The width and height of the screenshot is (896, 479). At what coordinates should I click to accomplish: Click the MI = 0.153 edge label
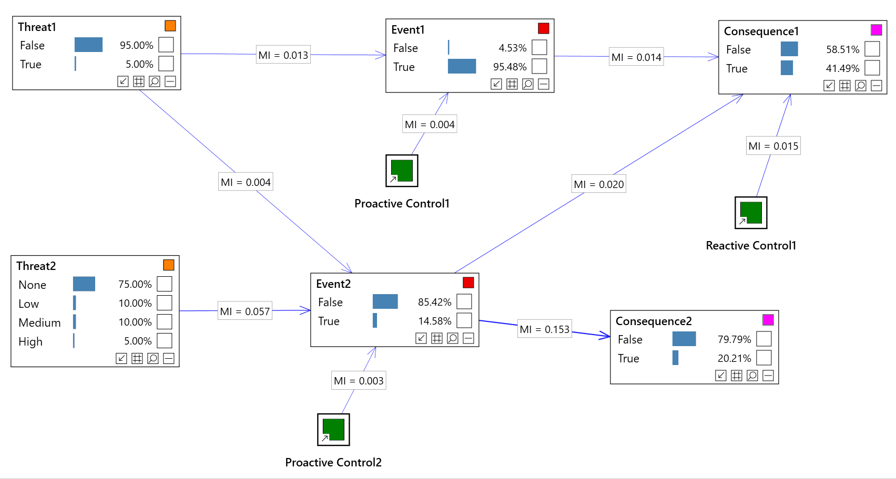click(x=544, y=329)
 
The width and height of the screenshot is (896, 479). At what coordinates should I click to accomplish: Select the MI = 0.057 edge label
click(x=245, y=311)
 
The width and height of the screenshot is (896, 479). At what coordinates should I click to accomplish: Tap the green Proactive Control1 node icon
click(x=402, y=171)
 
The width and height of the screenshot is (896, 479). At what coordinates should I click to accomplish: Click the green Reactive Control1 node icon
click(x=751, y=213)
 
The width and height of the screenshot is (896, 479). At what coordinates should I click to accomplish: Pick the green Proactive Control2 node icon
click(x=333, y=430)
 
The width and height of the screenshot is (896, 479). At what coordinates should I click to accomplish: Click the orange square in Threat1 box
click(x=170, y=26)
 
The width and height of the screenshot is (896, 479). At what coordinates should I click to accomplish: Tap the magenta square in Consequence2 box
click(x=768, y=320)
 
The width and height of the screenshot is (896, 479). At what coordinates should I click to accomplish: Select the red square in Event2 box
click(x=468, y=283)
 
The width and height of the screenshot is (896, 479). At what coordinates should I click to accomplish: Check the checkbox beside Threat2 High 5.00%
click(x=165, y=341)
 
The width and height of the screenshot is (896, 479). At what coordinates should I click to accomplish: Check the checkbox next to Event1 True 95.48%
click(x=539, y=67)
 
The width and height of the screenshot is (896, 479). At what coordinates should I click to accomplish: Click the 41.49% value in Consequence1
click(x=842, y=68)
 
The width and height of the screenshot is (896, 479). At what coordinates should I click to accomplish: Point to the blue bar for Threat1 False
click(x=88, y=45)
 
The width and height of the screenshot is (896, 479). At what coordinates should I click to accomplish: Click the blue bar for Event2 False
click(x=385, y=302)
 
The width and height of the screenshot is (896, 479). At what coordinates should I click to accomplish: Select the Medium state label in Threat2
click(x=39, y=322)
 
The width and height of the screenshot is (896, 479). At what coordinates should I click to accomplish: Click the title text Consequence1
click(x=761, y=31)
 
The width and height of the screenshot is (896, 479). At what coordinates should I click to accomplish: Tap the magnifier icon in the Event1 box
click(x=527, y=84)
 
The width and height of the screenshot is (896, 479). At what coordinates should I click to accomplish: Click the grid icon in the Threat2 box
click(x=137, y=358)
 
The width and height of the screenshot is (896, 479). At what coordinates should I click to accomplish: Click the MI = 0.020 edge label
click(x=599, y=184)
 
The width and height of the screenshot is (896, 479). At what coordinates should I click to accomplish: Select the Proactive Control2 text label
click(x=333, y=462)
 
